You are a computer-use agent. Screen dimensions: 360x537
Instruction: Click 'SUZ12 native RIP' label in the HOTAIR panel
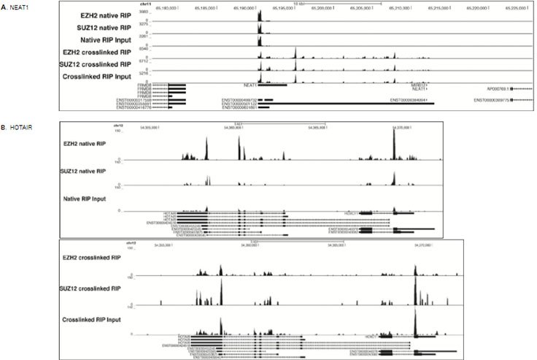pyautogui.click(x=82, y=172)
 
